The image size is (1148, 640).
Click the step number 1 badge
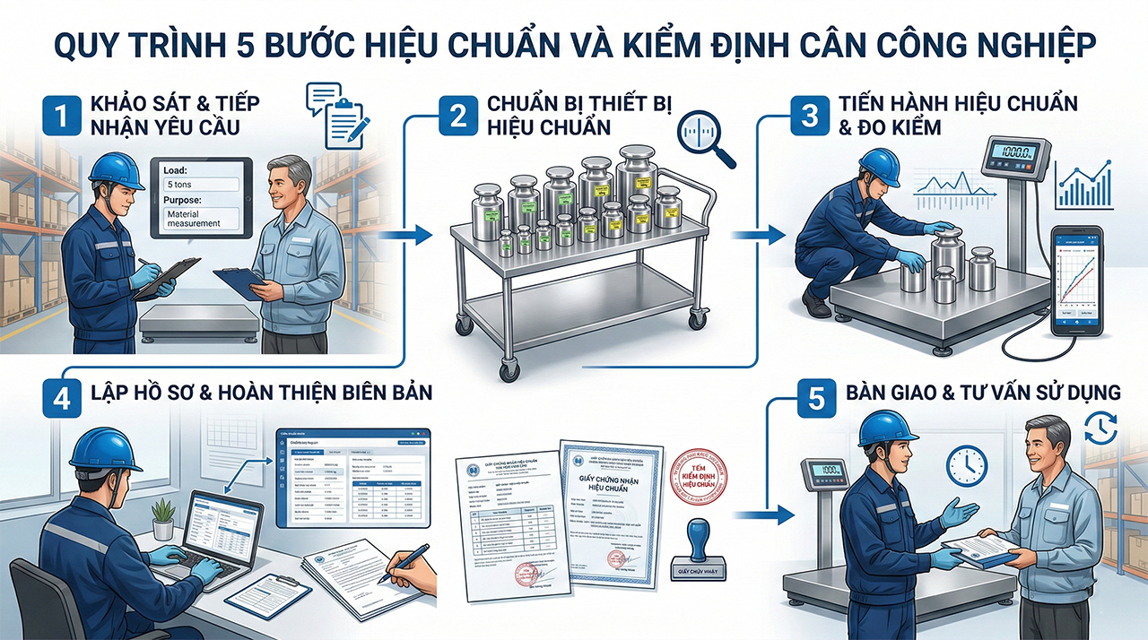(60, 116)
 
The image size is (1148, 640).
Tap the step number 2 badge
(457, 116)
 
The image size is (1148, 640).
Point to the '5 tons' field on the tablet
(201, 183)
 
